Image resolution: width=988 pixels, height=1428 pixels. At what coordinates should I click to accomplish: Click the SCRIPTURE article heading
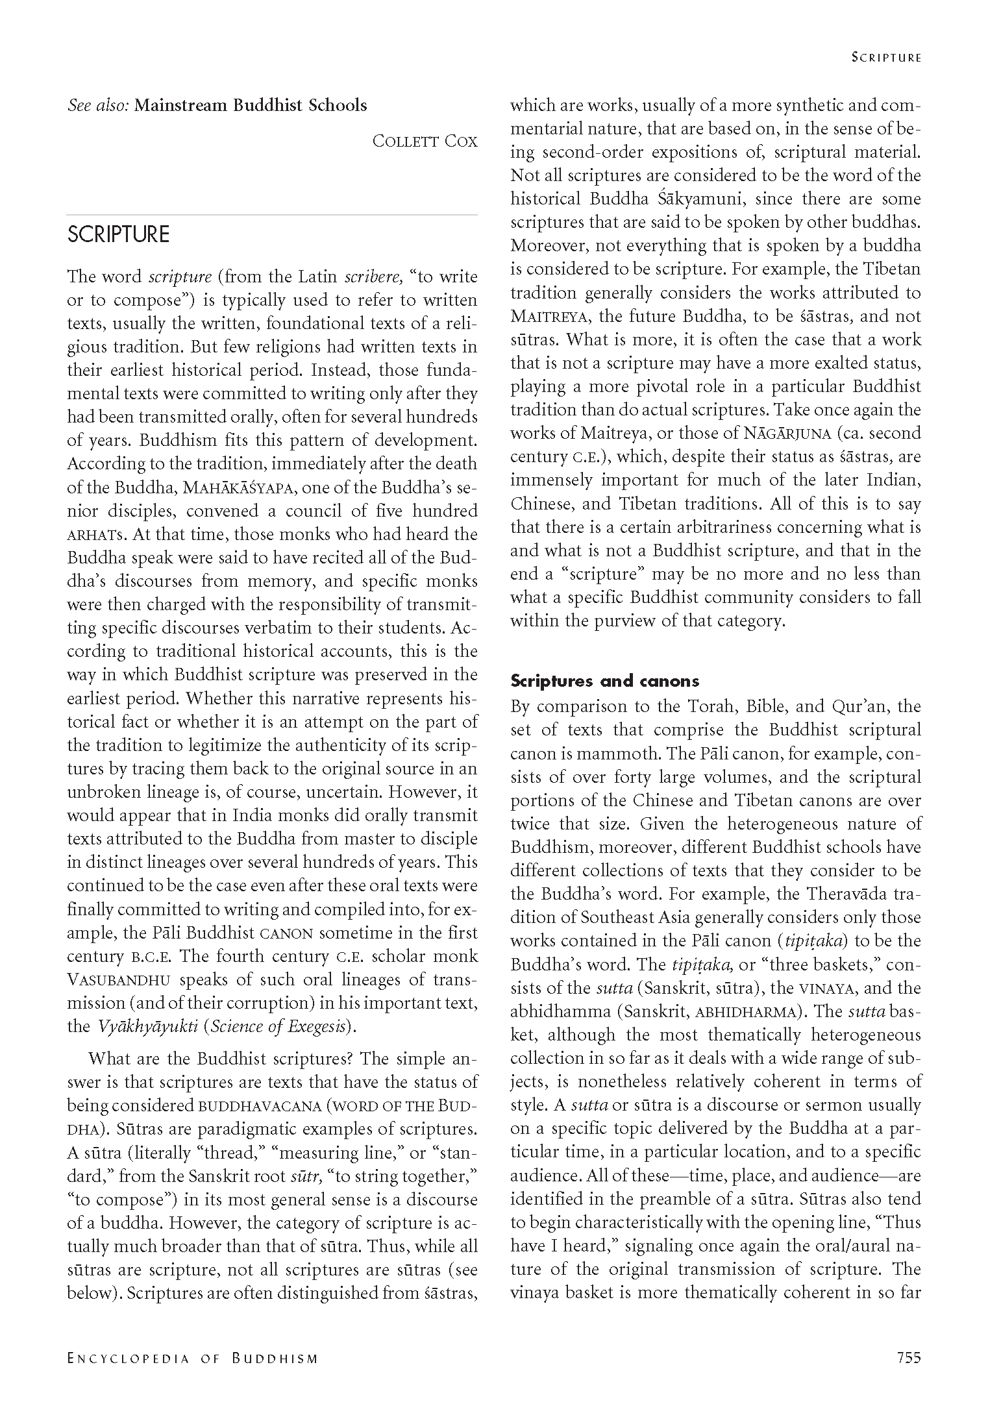coord(118,235)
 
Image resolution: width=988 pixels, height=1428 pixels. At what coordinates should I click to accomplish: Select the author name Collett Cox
coord(425,141)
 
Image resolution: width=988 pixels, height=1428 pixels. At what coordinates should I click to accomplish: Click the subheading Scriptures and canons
coord(604,681)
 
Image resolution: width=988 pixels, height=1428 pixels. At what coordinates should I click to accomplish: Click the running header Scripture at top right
coord(886,58)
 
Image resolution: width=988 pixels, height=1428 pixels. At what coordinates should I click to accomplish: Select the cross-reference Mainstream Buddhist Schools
coord(251,105)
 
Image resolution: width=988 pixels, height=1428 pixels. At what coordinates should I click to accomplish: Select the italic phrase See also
coord(98,105)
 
